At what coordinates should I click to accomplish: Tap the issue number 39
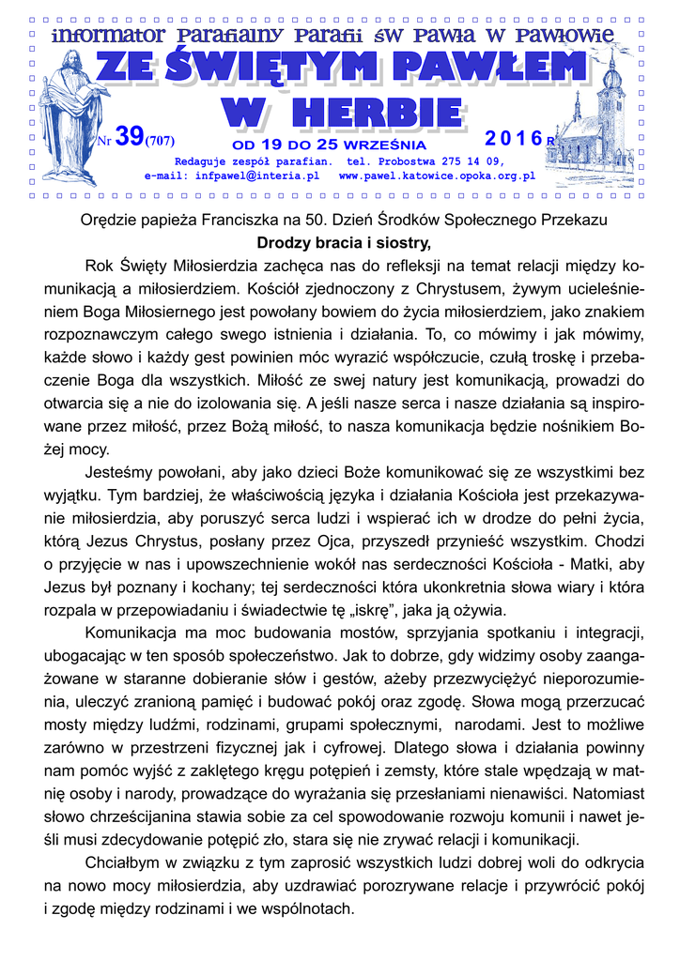(128, 137)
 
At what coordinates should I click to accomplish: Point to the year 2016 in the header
(513, 139)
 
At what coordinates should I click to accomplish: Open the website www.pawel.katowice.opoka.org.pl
(437, 175)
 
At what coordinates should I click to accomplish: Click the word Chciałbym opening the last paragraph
(122, 862)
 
